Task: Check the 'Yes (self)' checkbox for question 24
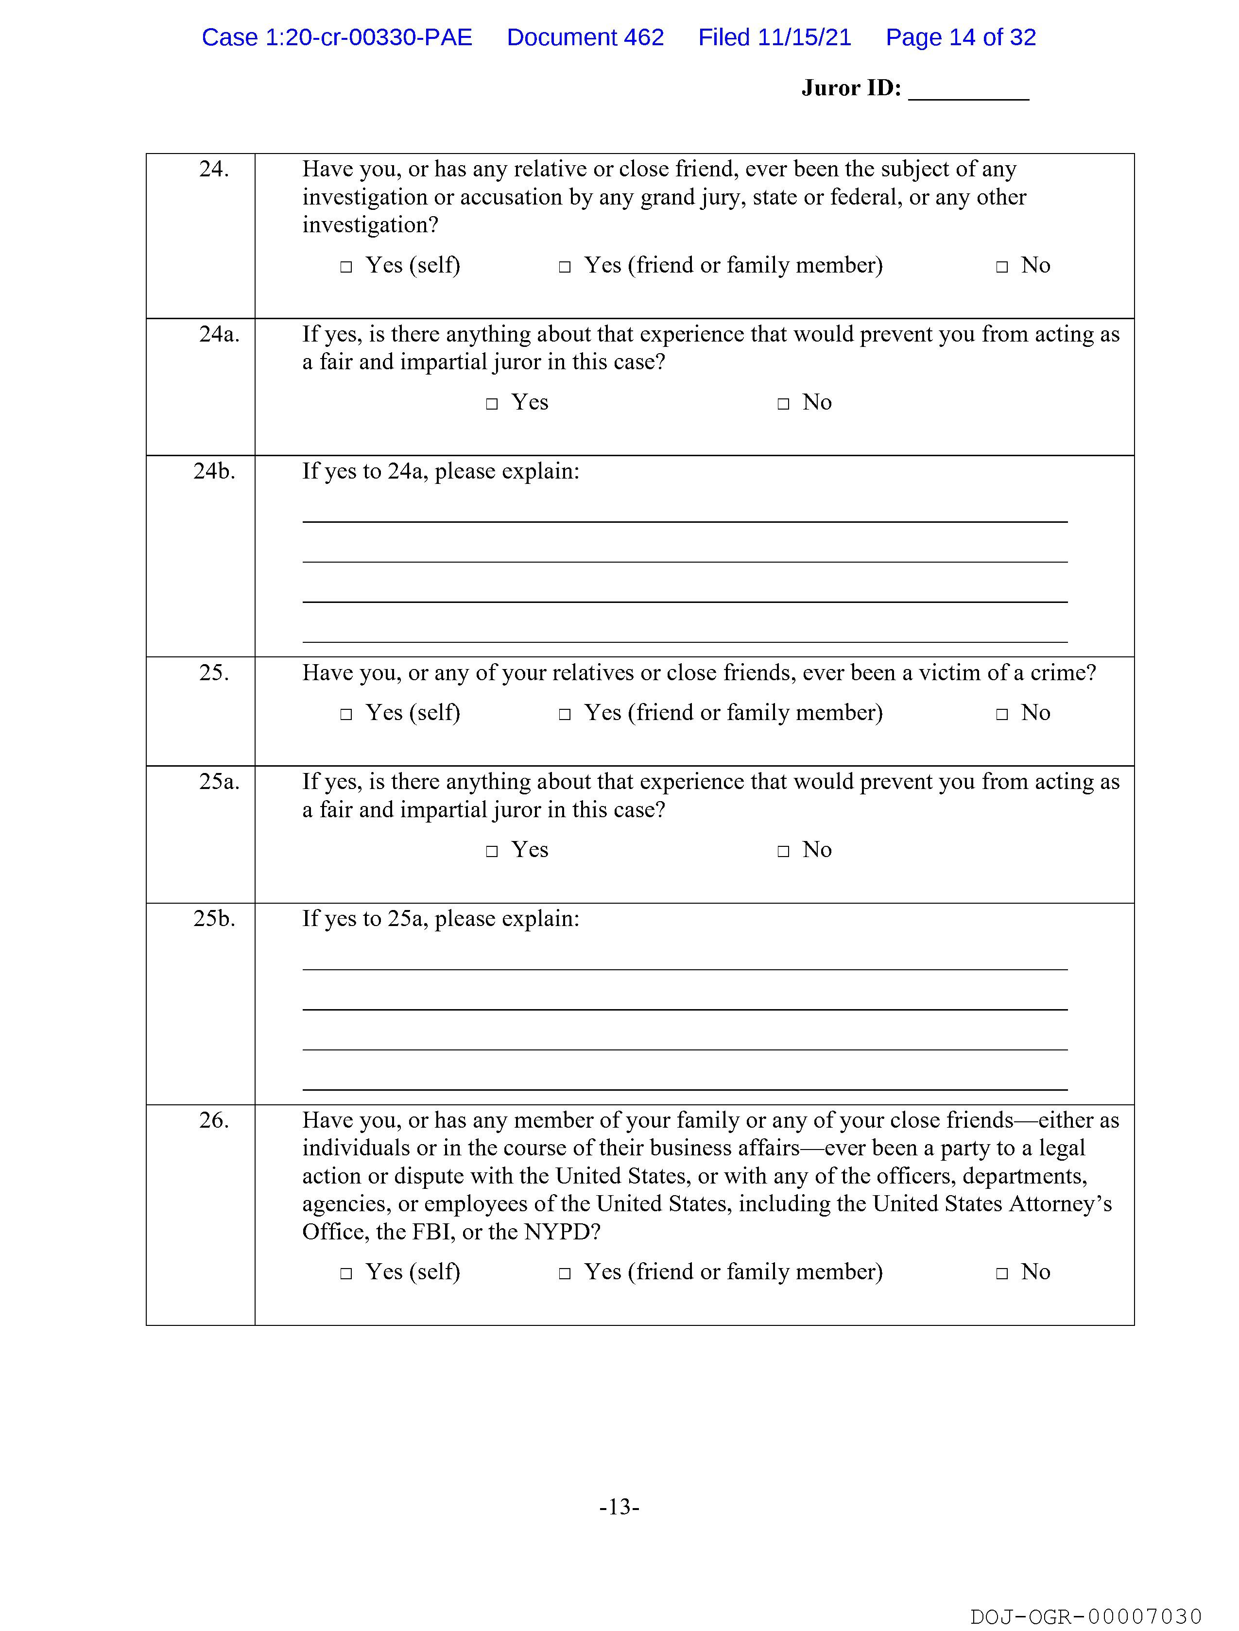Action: (x=346, y=267)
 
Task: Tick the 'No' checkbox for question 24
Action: (x=1001, y=267)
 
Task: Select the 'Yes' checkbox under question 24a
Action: (x=492, y=404)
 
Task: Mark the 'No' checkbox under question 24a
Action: (x=783, y=404)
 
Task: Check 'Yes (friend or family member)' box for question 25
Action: (x=565, y=715)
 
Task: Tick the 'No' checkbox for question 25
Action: (x=1001, y=715)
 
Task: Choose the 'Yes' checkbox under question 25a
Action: (x=492, y=852)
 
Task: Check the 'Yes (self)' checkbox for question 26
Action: (x=346, y=1273)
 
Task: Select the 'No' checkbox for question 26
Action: (x=1001, y=1273)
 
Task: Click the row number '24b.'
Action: (x=214, y=471)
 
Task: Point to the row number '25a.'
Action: (x=219, y=782)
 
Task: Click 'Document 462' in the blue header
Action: (x=585, y=37)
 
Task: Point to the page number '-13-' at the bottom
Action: (x=619, y=1507)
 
